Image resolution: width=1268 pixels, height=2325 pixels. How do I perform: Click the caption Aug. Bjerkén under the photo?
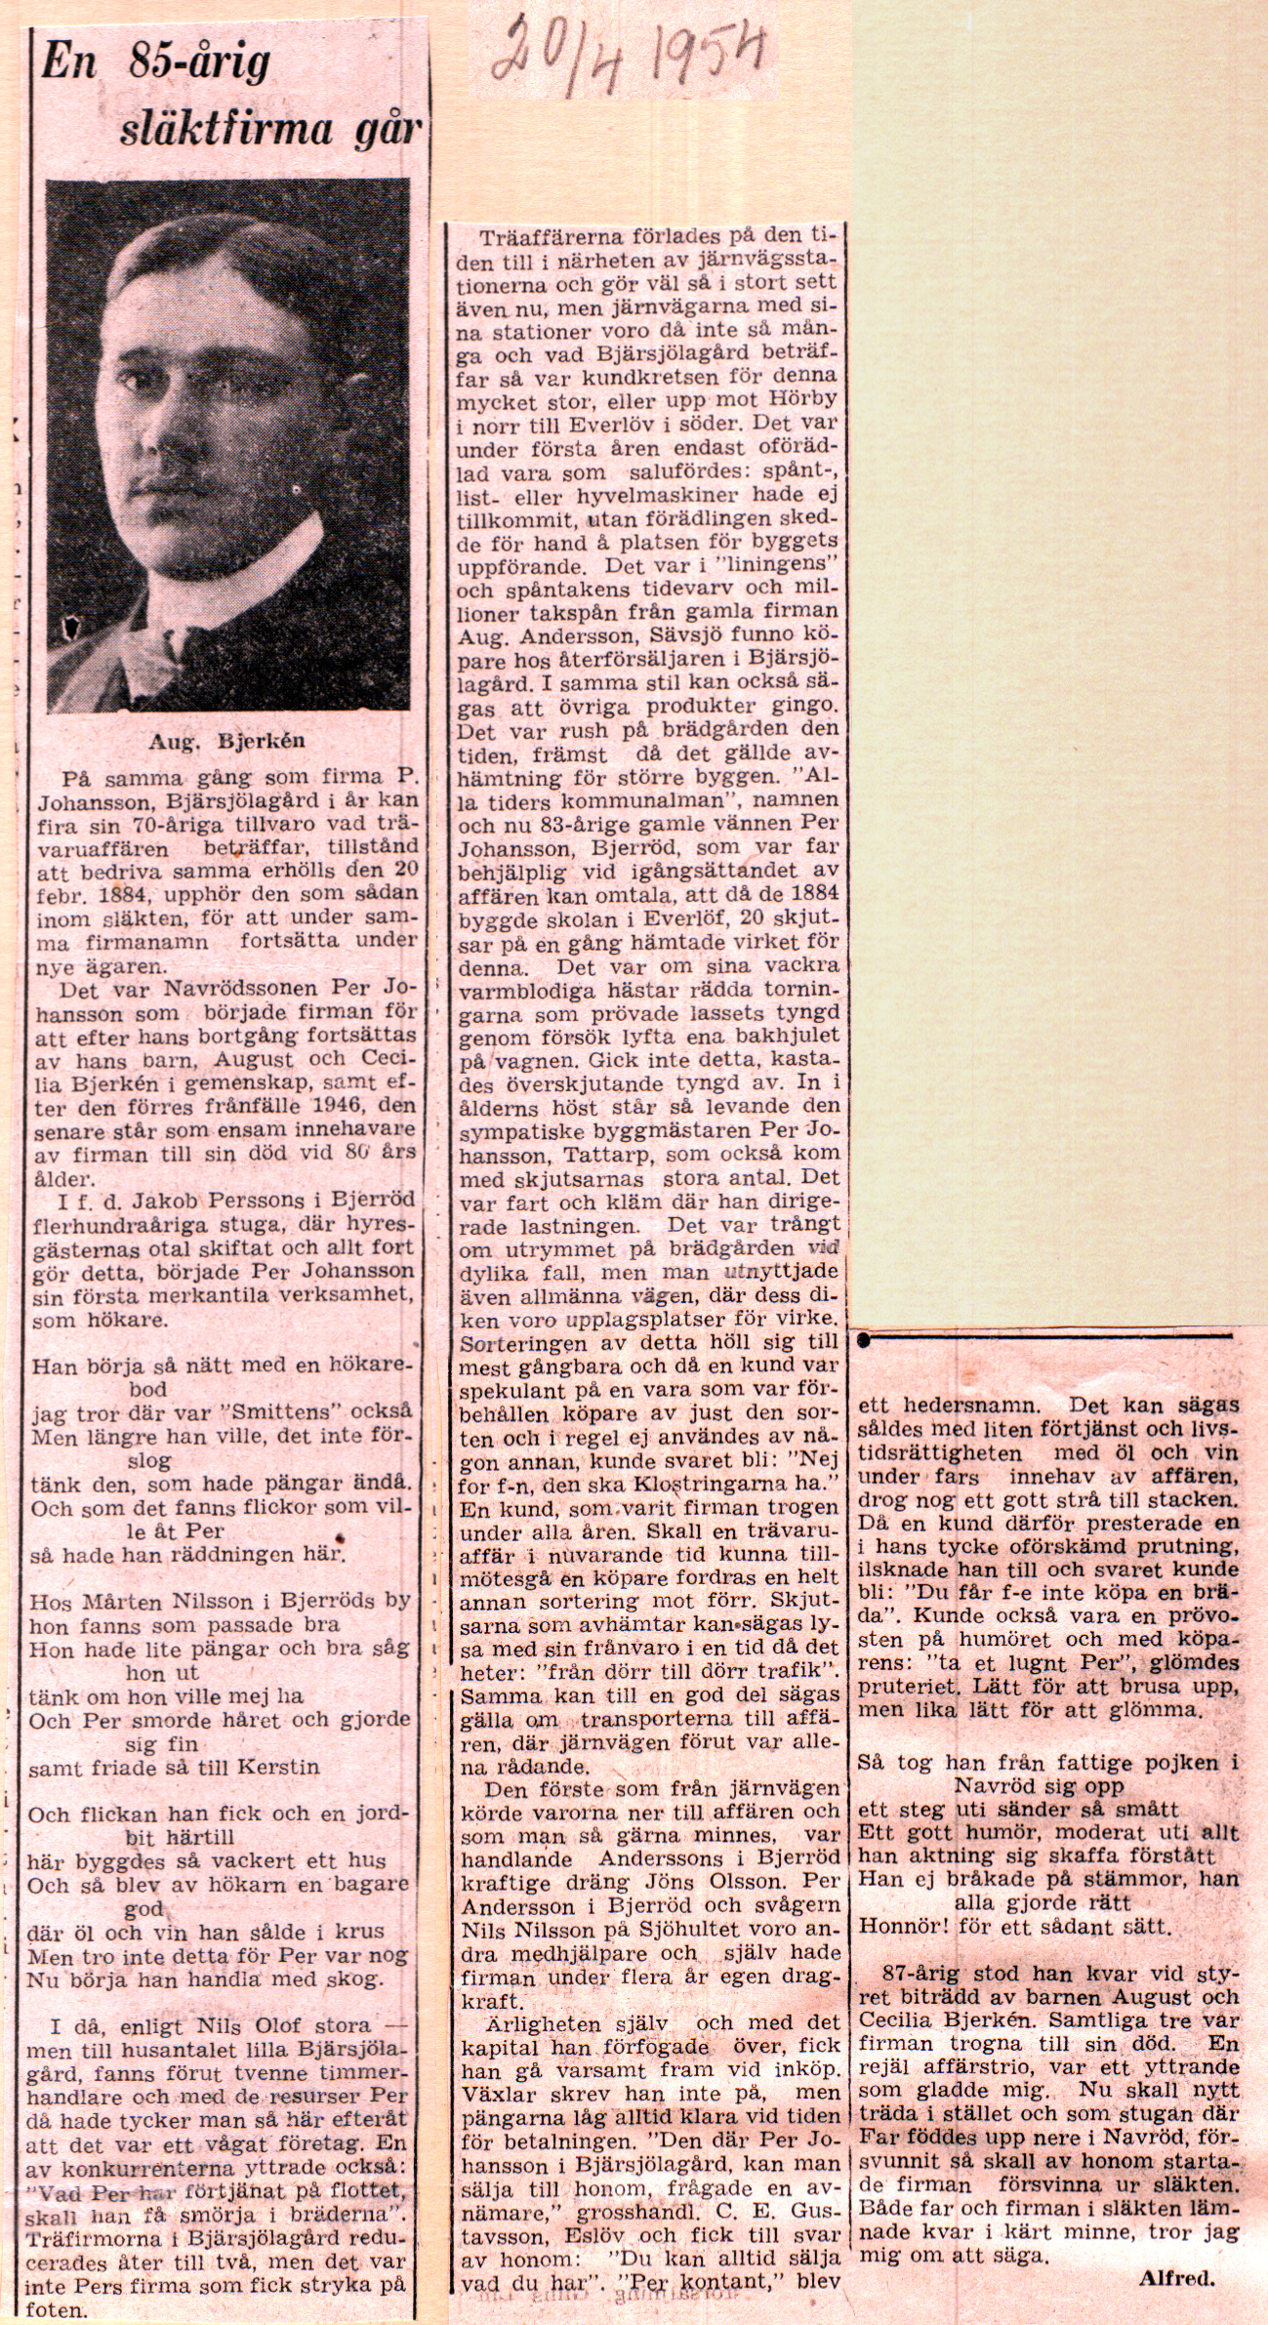226,741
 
